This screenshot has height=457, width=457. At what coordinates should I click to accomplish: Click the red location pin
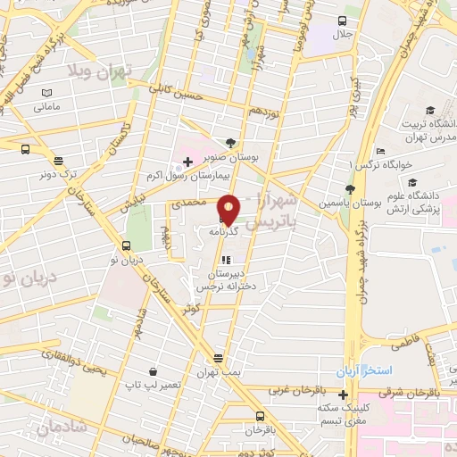(x=228, y=209)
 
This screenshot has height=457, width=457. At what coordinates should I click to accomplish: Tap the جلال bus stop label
(x=344, y=35)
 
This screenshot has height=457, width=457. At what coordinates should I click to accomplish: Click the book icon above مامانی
(x=46, y=93)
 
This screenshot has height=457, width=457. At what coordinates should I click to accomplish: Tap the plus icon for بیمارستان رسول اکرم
(x=187, y=162)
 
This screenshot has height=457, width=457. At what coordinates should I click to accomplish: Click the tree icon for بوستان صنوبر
(x=231, y=143)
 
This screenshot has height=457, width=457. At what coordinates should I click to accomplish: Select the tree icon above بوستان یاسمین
(x=350, y=189)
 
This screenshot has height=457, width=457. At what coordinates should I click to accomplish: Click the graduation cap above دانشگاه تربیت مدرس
(x=430, y=111)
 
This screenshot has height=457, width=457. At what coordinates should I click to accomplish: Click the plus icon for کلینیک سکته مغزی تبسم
(x=343, y=394)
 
